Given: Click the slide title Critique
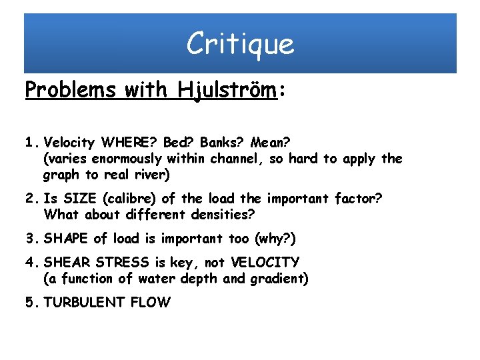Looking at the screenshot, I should pos(240,44).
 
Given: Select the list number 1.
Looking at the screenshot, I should pos(30,141).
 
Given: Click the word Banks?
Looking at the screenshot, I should pos(222,141).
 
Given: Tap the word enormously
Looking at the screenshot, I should pos(126,159).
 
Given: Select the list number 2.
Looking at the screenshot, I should pos(30,198).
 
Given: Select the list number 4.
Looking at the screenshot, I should pos(30,262).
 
